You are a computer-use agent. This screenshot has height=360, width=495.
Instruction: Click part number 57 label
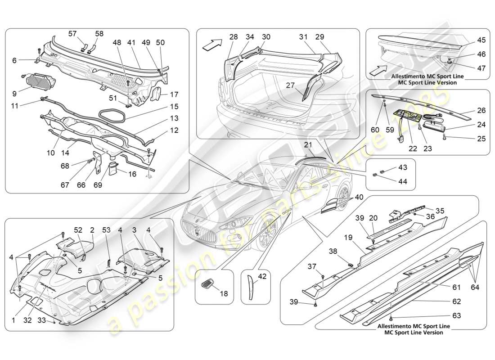coord(72,34)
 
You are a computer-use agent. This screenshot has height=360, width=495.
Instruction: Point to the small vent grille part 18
coord(207,283)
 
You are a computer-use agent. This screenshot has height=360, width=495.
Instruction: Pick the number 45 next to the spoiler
coord(481,40)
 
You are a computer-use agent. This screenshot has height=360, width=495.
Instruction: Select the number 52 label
coord(78,230)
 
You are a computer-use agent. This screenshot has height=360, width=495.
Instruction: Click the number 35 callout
coord(439,210)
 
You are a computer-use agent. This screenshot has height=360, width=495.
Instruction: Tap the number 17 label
coord(174,94)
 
